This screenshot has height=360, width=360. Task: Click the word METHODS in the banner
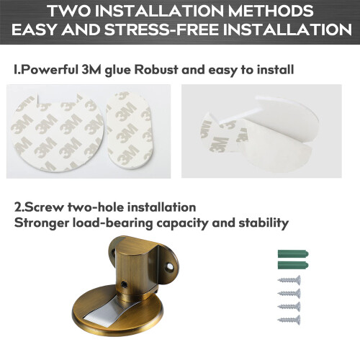pos(271,11)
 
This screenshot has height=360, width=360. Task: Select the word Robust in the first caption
pos(156,70)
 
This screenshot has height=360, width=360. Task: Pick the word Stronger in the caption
pos(42,223)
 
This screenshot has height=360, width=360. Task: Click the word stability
pos(264,223)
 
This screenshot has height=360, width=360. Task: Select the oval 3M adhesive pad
pos(129,130)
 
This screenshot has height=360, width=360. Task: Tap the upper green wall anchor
pos(293,253)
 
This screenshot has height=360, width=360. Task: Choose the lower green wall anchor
pos(293,266)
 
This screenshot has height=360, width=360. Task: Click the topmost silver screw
pos(289,280)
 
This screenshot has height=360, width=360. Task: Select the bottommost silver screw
pos(289,320)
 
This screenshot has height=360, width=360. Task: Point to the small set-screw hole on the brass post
pos(125,284)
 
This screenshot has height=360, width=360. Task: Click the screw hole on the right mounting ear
pos(170,266)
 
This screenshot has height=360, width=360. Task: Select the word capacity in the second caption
pos(182,223)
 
